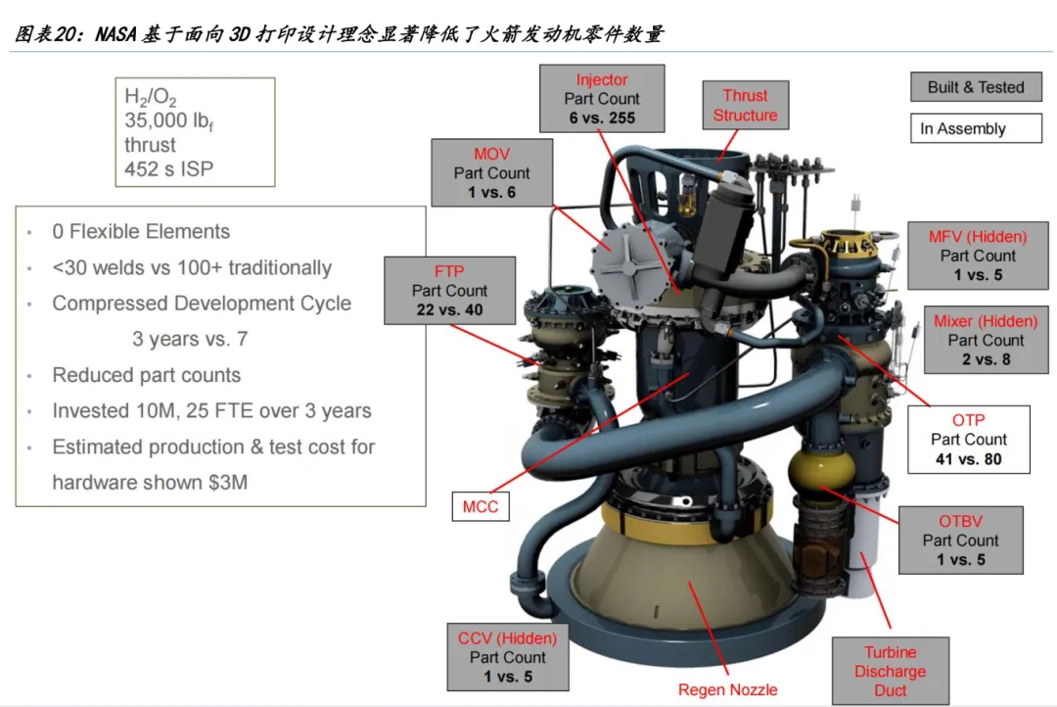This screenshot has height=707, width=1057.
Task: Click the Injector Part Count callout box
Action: (602, 99)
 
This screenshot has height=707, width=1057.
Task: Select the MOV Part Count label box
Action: (491, 173)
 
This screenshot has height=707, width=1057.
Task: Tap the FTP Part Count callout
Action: (449, 291)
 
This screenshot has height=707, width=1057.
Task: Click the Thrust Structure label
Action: (745, 106)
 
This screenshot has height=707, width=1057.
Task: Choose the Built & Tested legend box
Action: (976, 87)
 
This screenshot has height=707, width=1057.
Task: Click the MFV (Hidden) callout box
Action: (978, 256)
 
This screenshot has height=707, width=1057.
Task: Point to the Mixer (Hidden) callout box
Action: (985, 341)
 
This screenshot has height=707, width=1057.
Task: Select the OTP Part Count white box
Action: (968, 440)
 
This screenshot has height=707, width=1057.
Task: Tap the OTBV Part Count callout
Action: (960, 541)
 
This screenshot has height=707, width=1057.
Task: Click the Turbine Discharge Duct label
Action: (890, 672)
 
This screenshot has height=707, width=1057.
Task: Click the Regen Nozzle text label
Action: (728, 689)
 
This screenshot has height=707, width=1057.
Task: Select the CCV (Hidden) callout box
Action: (507, 657)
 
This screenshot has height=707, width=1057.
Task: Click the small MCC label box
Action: (481, 506)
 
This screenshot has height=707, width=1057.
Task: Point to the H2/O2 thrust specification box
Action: (194, 132)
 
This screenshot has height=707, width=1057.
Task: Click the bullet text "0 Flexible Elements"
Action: (141, 232)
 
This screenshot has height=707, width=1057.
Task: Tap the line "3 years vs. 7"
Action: (190, 339)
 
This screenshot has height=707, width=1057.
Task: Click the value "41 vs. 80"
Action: (968, 459)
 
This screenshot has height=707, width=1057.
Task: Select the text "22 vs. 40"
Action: (449, 310)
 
